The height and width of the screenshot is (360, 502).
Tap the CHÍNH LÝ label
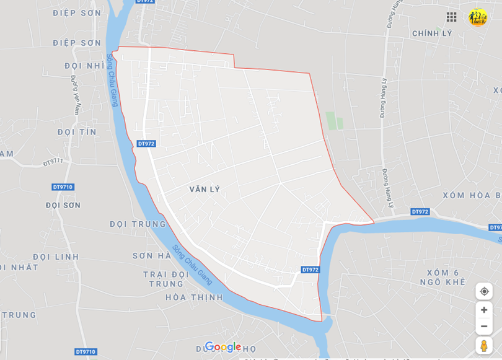click(x=432, y=33)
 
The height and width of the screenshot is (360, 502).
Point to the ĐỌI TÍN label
click(x=77, y=132)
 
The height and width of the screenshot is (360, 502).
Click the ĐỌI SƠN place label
click(x=63, y=205)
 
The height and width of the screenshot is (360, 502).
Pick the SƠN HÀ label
click(x=151, y=255)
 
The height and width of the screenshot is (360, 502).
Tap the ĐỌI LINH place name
click(x=56, y=257)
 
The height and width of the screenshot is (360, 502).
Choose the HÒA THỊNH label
click(x=193, y=297)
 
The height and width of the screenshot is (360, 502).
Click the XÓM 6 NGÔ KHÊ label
click(x=446, y=278)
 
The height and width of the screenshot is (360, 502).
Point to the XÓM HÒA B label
click(x=472, y=196)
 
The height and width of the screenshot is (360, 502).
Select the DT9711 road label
click(x=53, y=162)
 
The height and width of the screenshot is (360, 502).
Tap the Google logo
click(x=222, y=347)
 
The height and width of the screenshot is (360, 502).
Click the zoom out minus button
click(x=484, y=327)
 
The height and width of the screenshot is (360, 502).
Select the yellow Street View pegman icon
click(x=484, y=345)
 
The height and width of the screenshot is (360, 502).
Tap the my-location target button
click(x=484, y=291)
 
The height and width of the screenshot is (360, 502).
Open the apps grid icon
click(x=451, y=17)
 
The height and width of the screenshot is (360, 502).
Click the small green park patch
click(x=334, y=120)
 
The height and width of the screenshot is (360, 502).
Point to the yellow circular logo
click(x=478, y=17)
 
